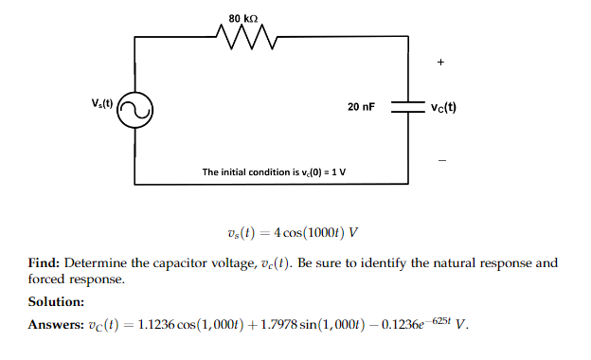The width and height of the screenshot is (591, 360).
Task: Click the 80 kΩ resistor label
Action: click(244, 17)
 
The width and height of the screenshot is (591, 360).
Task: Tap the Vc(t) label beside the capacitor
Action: click(442, 107)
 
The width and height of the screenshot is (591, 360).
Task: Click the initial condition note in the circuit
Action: click(275, 171)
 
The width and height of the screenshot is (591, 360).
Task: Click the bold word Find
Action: click(45, 262)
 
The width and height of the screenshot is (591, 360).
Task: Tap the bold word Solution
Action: click(57, 302)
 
